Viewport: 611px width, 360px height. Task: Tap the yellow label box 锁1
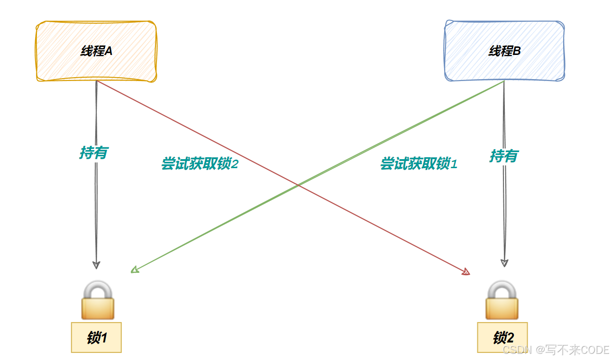pyautogui.click(x=96, y=337)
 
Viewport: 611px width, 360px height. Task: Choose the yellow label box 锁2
pyautogui.click(x=502, y=337)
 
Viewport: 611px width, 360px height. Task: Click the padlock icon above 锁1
pyautogui.click(x=98, y=300)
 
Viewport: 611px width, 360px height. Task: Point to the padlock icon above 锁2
pyautogui.click(x=502, y=300)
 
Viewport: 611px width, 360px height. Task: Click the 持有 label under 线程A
pyautogui.click(x=93, y=153)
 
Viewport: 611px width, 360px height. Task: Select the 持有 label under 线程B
pyautogui.click(x=503, y=155)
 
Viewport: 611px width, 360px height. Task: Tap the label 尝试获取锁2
pyautogui.click(x=199, y=164)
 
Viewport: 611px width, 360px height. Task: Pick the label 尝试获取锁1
pyautogui.click(x=419, y=164)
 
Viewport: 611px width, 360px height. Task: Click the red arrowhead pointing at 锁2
pyautogui.click(x=466, y=272)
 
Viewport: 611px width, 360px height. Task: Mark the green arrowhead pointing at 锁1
pyautogui.click(x=135, y=270)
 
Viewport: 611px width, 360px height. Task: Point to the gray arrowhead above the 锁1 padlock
pyautogui.click(x=96, y=265)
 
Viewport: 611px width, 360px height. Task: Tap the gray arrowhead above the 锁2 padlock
pyautogui.click(x=505, y=263)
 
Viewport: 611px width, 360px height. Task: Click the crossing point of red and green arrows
pyautogui.click(x=298, y=185)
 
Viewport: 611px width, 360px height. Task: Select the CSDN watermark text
pyautogui.click(x=556, y=350)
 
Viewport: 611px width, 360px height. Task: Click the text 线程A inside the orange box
pyautogui.click(x=96, y=51)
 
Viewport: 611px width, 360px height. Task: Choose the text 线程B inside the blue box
pyautogui.click(x=504, y=51)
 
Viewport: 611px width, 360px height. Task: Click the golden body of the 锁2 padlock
pyautogui.click(x=502, y=308)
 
